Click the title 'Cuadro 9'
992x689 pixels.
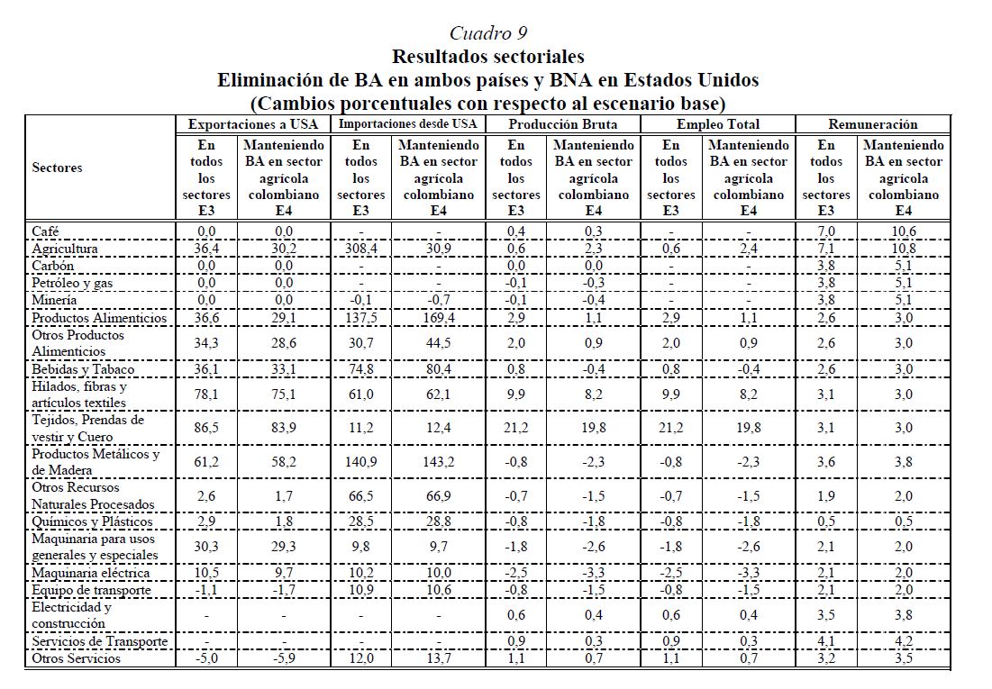pyautogui.click(x=487, y=34)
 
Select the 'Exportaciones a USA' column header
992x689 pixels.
pyautogui.click(x=254, y=124)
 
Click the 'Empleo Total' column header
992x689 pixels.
pyautogui.click(x=717, y=124)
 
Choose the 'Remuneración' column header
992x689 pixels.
pyautogui.click(x=871, y=124)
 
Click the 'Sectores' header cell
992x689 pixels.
pyautogui.click(x=57, y=168)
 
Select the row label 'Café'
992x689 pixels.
pyautogui.click(x=45, y=231)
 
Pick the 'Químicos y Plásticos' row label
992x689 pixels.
pyautogui.click(x=92, y=521)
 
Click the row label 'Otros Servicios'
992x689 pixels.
pyautogui.click(x=76, y=658)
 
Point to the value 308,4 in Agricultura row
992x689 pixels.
pyautogui.click(x=360, y=249)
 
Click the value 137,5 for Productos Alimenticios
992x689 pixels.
pyautogui.click(x=360, y=318)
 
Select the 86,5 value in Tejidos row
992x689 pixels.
pyautogui.click(x=206, y=429)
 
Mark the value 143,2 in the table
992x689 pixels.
pyautogui.click(x=439, y=463)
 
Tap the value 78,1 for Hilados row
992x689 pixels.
pyautogui.click(x=206, y=394)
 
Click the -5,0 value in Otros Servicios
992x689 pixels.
pyautogui.click(x=206, y=658)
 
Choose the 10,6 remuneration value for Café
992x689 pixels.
pyautogui.click(x=903, y=231)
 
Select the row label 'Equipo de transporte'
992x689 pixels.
pyautogui.click(x=91, y=590)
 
